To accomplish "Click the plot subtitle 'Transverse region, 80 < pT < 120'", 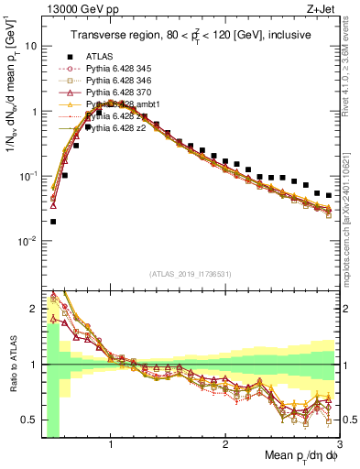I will pos(189,35).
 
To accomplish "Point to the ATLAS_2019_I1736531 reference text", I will pos(189,274).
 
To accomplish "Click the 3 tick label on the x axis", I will pos(338,442).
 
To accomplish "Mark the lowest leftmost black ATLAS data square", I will pos(53,221).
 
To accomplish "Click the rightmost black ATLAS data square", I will pos(329,195).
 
